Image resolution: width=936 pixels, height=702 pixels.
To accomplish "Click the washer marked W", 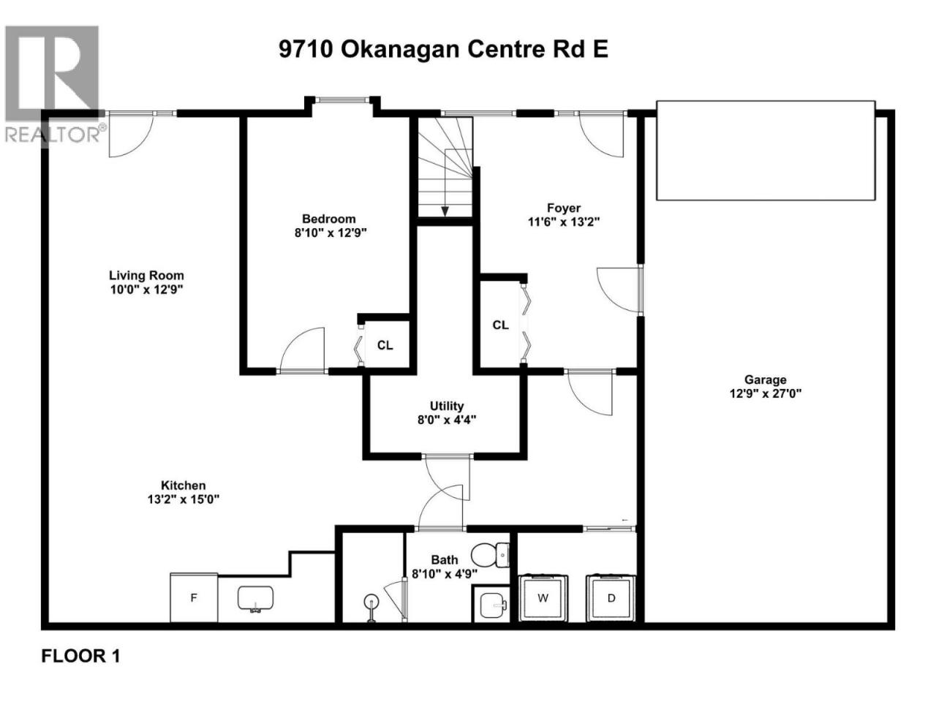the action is [x=543, y=597].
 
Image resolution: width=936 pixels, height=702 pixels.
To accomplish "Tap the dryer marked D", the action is [x=611, y=597].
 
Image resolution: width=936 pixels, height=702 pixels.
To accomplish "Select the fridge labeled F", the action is [x=194, y=597].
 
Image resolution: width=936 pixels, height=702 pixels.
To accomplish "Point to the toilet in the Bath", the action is [x=491, y=555].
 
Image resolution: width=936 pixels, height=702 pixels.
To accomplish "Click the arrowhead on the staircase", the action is [x=445, y=211].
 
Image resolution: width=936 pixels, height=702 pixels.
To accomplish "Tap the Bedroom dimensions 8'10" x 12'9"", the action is [x=331, y=233].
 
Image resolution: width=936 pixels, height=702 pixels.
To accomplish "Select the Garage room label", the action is [x=766, y=380].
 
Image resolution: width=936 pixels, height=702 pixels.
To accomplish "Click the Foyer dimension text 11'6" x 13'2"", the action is [x=564, y=222].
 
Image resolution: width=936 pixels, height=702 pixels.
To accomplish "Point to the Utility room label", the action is [x=447, y=406].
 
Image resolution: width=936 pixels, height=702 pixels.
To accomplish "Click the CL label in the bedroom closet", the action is [x=385, y=345].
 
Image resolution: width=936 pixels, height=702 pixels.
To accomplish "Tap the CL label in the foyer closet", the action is [x=500, y=325].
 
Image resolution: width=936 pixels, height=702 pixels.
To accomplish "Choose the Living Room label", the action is [x=146, y=276].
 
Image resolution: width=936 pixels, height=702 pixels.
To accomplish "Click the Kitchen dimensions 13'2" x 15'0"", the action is [x=184, y=499].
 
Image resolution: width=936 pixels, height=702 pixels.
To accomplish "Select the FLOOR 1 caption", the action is [x=80, y=656].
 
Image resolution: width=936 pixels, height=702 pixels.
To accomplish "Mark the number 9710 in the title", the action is [x=306, y=50].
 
